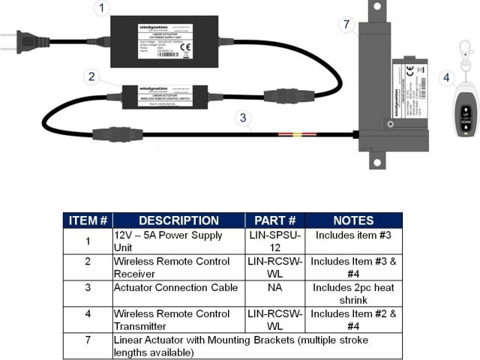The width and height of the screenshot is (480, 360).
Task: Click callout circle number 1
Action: (103, 9)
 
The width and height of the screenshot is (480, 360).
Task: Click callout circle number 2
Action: (91, 76)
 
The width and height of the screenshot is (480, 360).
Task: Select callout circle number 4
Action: (447, 77)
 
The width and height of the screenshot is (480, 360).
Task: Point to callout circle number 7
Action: (346, 25)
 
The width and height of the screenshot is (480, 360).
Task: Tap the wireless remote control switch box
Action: (165, 96)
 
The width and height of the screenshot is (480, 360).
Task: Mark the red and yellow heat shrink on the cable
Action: (297, 136)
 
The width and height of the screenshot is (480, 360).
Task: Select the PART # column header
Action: (274, 220)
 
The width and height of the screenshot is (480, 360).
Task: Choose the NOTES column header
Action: (353, 220)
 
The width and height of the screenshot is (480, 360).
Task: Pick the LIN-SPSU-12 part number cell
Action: (274, 241)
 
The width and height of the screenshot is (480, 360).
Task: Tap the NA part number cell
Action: (274, 288)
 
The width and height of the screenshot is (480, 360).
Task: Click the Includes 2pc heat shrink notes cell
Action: (353, 294)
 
